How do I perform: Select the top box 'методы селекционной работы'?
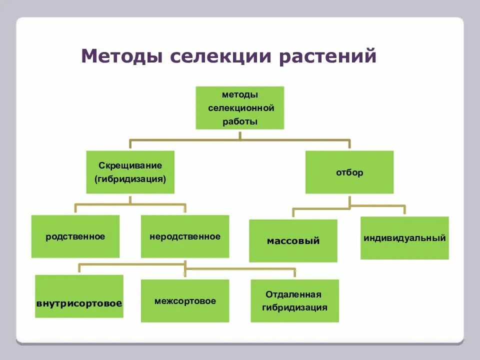[x=240, y=107]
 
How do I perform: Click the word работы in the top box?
[x=240, y=121]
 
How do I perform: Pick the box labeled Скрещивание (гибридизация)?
[x=130, y=172]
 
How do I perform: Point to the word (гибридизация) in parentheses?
[x=130, y=178]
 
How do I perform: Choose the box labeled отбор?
[x=349, y=172]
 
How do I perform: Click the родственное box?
[x=75, y=236]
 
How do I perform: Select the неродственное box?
[x=185, y=236]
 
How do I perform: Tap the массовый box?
[x=293, y=240]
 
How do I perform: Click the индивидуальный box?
[x=404, y=238]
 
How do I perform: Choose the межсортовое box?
[x=185, y=300]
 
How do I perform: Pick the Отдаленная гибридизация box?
[x=295, y=300]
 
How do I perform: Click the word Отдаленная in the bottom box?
[x=293, y=294]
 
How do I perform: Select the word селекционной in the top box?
[x=241, y=107]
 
